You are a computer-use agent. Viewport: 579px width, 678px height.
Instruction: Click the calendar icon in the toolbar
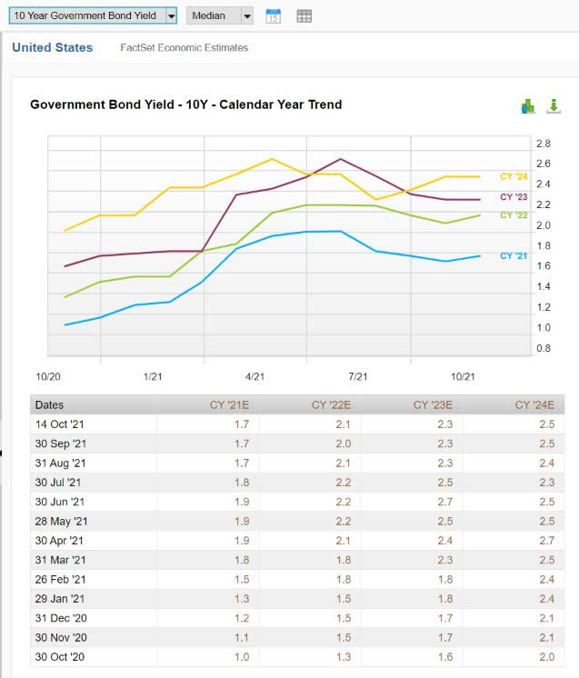click(x=273, y=15)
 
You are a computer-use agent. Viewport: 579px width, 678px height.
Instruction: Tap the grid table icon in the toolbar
click(x=304, y=15)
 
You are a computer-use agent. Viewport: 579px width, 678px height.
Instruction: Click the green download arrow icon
click(x=554, y=106)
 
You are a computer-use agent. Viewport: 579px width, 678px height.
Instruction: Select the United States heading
click(x=52, y=47)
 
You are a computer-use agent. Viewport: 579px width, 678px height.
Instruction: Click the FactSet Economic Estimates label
click(x=185, y=47)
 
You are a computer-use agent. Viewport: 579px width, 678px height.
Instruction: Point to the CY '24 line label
click(x=514, y=176)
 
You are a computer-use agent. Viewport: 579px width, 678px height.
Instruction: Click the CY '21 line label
click(x=514, y=256)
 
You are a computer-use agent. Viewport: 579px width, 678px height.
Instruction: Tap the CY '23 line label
click(x=514, y=197)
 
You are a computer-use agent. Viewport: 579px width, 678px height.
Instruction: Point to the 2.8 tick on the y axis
click(x=544, y=144)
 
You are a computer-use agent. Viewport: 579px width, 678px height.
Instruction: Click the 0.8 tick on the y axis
click(x=544, y=348)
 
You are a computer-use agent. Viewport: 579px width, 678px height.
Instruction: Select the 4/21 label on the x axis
click(x=255, y=376)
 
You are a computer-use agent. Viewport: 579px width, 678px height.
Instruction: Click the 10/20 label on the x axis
click(x=47, y=376)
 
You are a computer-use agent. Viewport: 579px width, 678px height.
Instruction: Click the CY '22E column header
click(x=331, y=405)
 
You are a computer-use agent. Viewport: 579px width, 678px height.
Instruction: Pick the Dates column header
click(x=49, y=405)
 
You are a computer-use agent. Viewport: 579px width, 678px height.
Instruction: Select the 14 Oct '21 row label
click(x=59, y=424)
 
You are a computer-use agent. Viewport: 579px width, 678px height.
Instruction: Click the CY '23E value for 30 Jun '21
click(x=445, y=502)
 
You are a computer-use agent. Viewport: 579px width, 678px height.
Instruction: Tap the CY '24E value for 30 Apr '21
click(x=547, y=541)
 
